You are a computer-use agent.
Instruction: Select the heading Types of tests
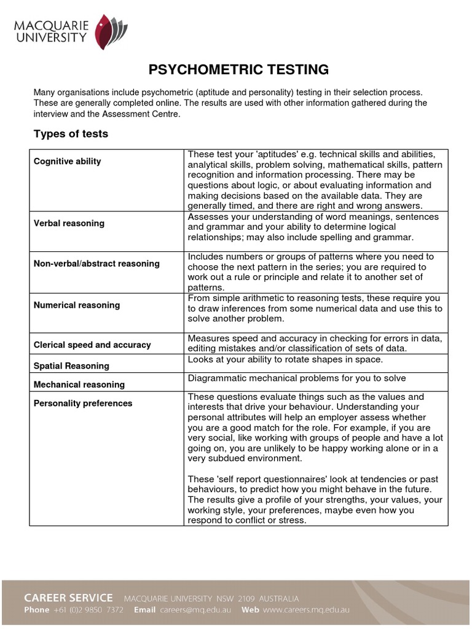coord(70,134)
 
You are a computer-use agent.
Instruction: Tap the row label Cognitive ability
coord(67,162)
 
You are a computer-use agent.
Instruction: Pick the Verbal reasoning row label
coord(69,224)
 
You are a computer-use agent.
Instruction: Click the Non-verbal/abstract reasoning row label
coord(96,264)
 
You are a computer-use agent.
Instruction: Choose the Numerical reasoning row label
coord(77,305)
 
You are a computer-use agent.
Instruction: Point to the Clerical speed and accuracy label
coord(92,345)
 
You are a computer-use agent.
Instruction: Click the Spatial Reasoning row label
coord(71,365)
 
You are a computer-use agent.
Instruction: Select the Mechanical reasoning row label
coord(79,385)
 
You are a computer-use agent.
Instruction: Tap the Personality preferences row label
coord(83,404)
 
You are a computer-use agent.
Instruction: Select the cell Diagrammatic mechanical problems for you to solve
coord(297,378)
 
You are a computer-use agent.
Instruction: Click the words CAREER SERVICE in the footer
coord(68,597)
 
